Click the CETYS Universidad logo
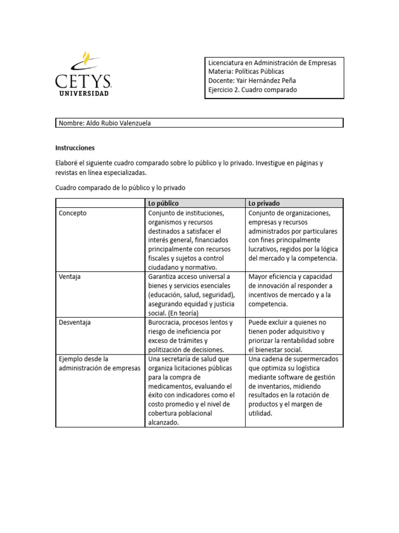[83, 74]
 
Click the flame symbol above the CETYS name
[85, 58]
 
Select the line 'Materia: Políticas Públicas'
[246, 71]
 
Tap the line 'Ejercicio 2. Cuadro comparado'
[252, 90]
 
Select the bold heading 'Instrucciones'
[75, 148]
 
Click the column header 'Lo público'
[164, 203]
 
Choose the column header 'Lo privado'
[264, 203]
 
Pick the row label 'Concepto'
[73, 213]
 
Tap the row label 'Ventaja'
[70, 276]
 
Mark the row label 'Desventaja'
[75, 322]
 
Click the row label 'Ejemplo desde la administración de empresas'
[99, 363]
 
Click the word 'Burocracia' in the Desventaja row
[166, 322]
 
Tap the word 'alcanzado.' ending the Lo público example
[163, 423]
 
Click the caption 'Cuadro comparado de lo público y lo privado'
[120, 187]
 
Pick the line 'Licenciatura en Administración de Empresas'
[272, 62]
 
